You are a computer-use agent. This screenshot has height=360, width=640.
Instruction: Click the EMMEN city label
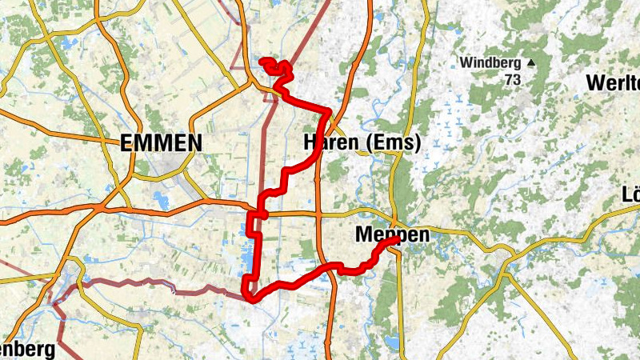(x=161, y=143)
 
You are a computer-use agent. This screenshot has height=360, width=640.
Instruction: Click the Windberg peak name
(x=490, y=62)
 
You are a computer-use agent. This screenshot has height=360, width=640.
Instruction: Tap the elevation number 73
(x=513, y=80)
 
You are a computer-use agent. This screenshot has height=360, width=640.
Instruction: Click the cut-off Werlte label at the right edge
(x=614, y=82)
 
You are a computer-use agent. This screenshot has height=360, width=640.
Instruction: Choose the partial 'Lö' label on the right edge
(x=630, y=195)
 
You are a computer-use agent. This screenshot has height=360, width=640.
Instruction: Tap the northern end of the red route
(x=262, y=61)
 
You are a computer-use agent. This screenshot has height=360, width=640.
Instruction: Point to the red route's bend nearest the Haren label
(x=328, y=111)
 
